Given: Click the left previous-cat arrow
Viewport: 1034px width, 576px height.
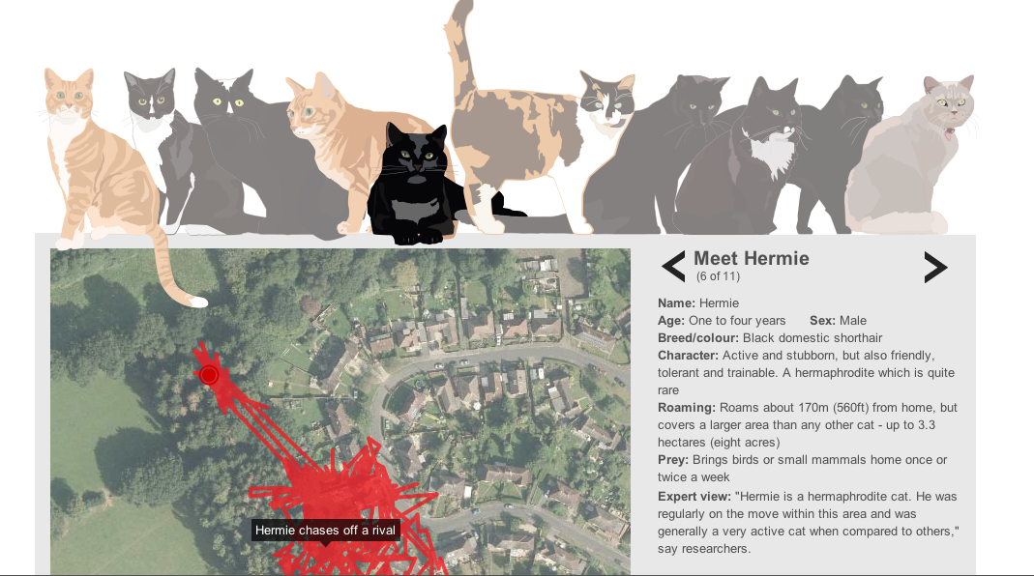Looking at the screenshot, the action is [x=672, y=267].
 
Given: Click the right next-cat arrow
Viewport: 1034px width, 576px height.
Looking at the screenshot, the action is [x=935, y=267].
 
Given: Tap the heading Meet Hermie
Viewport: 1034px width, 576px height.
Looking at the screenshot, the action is [x=752, y=258].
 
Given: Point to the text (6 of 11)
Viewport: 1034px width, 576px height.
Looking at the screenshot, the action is [x=718, y=276].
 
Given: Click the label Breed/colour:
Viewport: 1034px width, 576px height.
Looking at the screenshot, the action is [x=697, y=338].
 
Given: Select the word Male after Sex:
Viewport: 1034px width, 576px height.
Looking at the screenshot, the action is [x=853, y=321].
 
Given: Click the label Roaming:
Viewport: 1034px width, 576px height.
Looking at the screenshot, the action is [x=687, y=408].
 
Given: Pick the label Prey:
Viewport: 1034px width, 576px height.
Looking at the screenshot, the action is [x=672, y=460].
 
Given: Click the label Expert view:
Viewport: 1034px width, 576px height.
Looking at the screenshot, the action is [x=694, y=496].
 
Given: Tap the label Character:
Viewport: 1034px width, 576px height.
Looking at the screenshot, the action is [x=688, y=356].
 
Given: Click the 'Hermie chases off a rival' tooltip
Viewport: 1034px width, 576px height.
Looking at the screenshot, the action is [x=325, y=531].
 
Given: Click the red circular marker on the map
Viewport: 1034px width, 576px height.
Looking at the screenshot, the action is [x=209, y=375].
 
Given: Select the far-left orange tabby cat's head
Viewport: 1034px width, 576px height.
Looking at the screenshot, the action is [x=69, y=96].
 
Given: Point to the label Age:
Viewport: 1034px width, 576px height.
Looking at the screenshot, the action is [x=671, y=321].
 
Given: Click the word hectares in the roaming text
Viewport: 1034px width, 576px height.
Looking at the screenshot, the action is [x=683, y=443].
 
